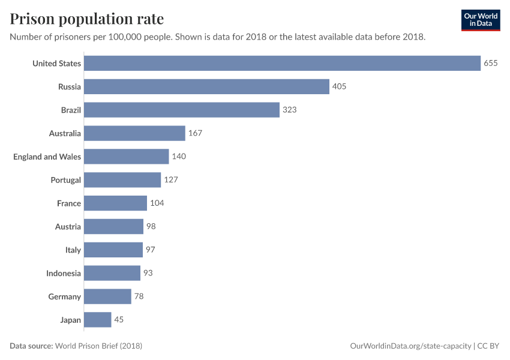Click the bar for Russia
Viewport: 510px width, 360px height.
point(206,86)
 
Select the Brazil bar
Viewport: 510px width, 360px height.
point(182,110)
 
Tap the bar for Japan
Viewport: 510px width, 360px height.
point(97,320)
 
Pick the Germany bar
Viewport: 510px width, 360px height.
point(107,296)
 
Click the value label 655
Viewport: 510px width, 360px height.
point(491,63)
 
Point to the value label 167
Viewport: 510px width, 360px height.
point(195,133)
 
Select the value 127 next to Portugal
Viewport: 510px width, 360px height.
point(171,180)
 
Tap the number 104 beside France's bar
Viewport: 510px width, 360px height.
point(157,203)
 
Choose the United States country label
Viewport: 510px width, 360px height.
point(56,63)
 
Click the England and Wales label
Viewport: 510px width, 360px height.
point(47,157)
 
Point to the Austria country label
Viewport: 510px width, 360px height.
point(68,227)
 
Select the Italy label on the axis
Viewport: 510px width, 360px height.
point(73,250)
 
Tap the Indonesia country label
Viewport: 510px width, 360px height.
point(64,273)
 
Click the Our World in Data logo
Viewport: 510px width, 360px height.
point(480,20)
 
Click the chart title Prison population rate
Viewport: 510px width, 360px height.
point(86,19)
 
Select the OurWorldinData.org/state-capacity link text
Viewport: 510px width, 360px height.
point(410,346)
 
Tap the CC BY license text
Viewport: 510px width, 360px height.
point(488,346)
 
